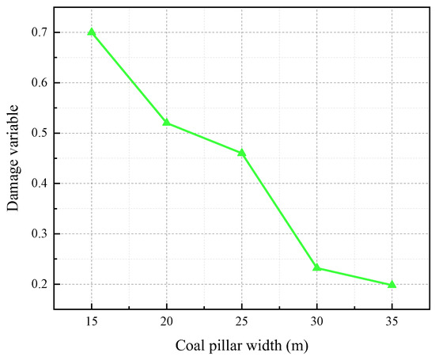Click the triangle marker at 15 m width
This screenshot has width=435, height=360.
click(x=92, y=32)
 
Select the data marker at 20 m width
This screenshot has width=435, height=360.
click(x=167, y=123)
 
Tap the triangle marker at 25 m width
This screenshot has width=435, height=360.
click(x=242, y=153)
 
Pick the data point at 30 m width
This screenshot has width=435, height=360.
click(x=317, y=267)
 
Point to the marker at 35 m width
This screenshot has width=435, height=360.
click(x=392, y=284)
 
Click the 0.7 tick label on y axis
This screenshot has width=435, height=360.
click(x=39, y=32)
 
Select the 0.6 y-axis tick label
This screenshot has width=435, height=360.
click(x=39, y=83)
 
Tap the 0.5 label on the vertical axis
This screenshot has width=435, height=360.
click(x=39, y=133)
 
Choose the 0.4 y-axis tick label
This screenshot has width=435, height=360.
click(x=39, y=184)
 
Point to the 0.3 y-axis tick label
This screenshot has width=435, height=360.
click(x=39, y=234)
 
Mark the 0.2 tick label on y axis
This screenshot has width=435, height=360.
click(x=39, y=284)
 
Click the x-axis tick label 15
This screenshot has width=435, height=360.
click(x=92, y=322)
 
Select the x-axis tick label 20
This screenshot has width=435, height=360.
click(x=167, y=322)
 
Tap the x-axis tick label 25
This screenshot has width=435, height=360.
click(x=242, y=322)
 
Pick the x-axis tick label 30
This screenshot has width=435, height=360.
click(x=317, y=322)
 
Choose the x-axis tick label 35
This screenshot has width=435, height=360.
click(x=392, y=322)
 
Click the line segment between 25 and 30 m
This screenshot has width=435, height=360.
click(x=279, y=210)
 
